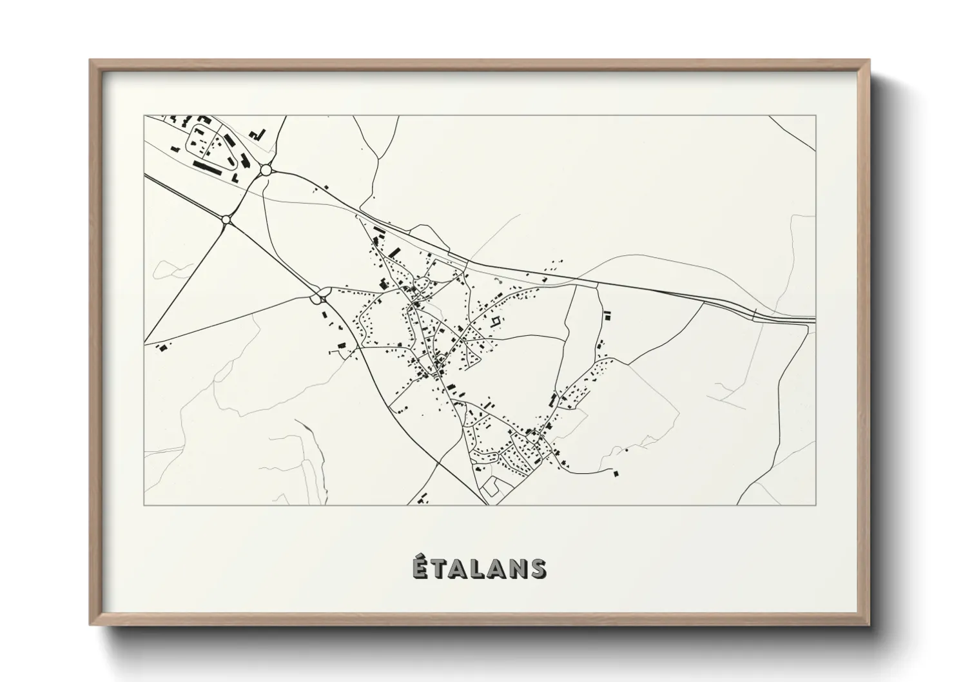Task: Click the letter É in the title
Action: (420, 567)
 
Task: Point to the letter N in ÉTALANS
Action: (520, 569)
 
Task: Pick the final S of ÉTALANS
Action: (540, 569)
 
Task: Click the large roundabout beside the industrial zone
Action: (266, 170)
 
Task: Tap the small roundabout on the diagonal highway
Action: (226, 220)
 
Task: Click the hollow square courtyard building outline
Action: (495, 321)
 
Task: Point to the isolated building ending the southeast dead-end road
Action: (615, 474)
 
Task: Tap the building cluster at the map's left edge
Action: (163, 347)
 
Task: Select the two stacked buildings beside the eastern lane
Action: (607, 315)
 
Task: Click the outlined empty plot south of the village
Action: (495, 486)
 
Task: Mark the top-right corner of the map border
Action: (816, 116)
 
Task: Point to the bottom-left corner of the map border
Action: (144, 505)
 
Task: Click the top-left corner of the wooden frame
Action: (90, 60)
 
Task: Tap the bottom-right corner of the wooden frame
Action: (869, 625)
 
